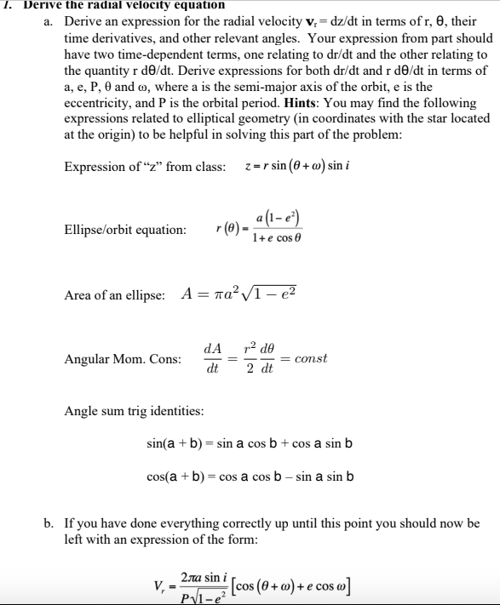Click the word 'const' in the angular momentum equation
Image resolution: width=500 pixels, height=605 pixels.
coord(309,358)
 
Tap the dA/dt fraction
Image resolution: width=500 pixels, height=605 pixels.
coord(212,359)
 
